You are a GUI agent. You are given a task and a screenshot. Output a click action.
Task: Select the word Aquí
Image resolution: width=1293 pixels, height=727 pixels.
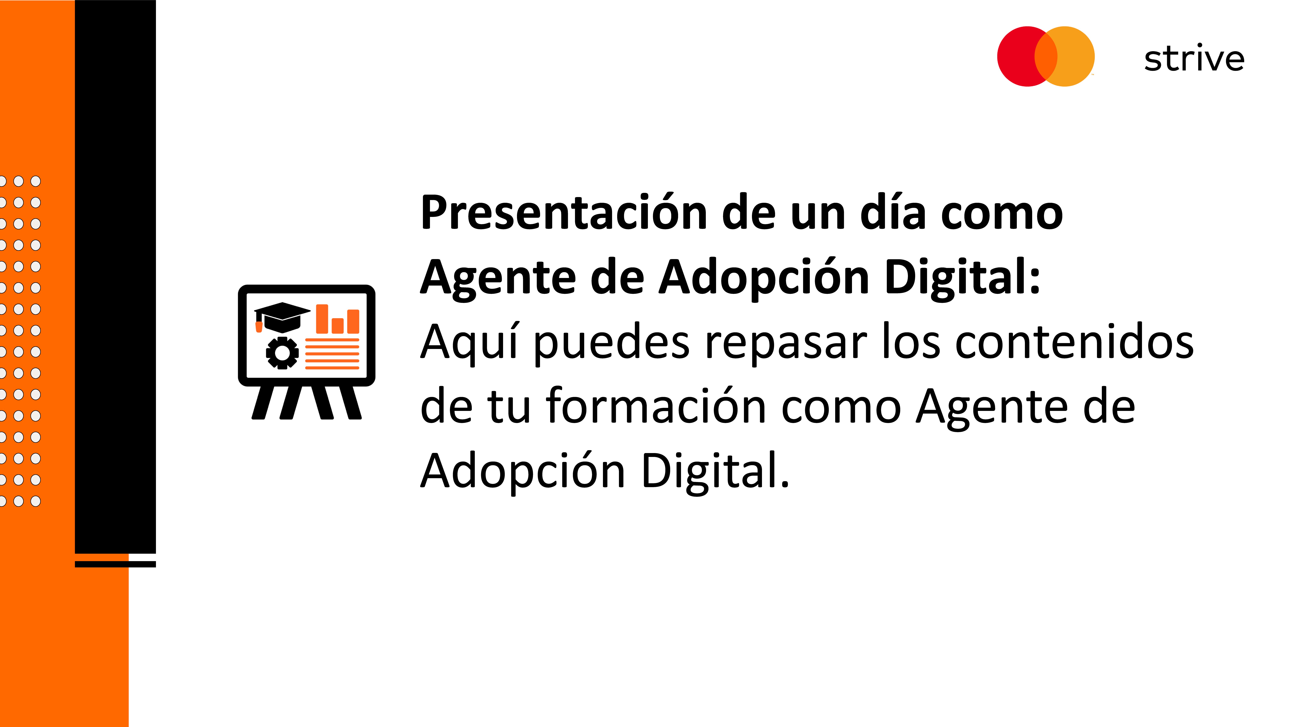pyautogui.click(x=469, y=343)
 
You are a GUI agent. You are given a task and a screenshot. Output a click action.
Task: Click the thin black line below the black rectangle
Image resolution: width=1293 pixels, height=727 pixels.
pyautogui.click(x=115, y=564)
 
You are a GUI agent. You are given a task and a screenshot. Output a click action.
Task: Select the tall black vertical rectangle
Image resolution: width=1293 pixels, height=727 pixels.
pyautogui.click(x=115, y=276)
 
